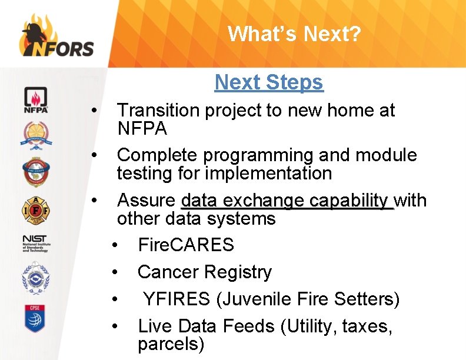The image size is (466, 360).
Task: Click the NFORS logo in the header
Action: [x=56, y=36]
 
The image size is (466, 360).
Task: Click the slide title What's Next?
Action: [x=294, y=34]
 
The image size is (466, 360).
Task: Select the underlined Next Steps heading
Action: [x=269, y=82]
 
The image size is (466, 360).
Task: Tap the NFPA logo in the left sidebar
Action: [x=36, y=100]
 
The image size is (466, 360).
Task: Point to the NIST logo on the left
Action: [x=36, y=242]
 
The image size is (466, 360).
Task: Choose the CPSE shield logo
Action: [x=36, y=318]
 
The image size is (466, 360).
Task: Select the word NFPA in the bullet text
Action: [x=142, y=128]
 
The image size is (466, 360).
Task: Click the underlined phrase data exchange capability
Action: [x=287, y=201]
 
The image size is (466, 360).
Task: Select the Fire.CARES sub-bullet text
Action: [x=186, y=245]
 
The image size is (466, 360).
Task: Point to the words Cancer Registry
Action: [x=205, y=272]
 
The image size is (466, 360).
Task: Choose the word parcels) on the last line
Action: [x=171, y=344]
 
